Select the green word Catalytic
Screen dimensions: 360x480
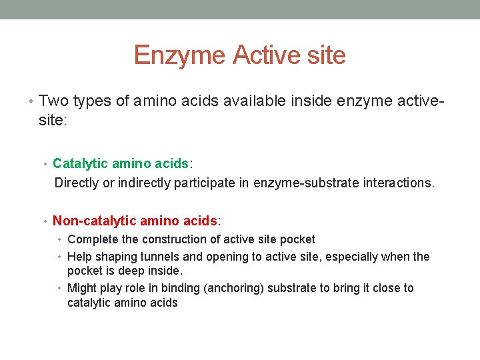[80, 163]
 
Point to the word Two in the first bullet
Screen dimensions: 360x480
[51, 101]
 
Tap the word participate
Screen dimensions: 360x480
[203, 183]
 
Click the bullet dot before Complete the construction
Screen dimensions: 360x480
[61, 239]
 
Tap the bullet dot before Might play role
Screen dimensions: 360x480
[61, 288]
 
